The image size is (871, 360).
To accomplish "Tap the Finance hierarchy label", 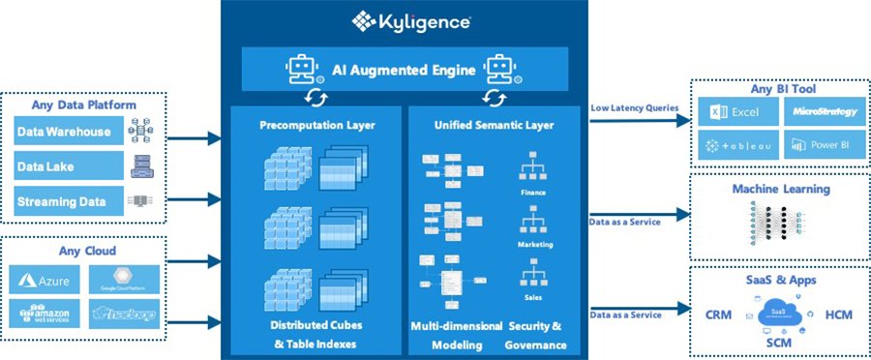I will (x=532, y=192).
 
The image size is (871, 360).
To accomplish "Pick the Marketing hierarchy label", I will (x=533, y=245).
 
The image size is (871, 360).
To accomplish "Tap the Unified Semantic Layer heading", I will (x=494, y=126).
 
